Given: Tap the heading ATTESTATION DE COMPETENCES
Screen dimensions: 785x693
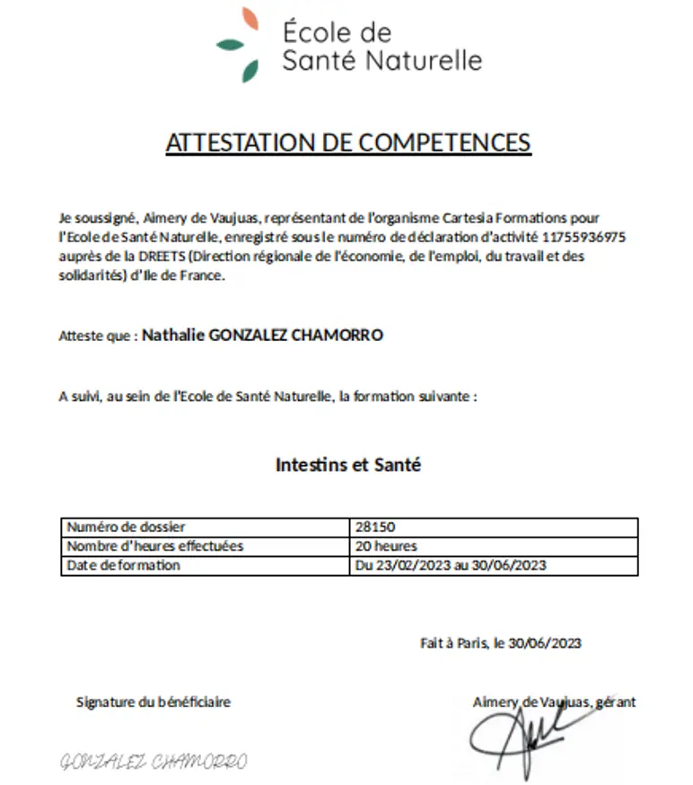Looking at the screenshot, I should [x=348, y=143].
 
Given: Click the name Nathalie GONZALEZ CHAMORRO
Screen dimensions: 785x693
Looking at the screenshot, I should [x=263, y=336].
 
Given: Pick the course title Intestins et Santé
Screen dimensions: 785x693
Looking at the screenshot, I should [x=348, y=466].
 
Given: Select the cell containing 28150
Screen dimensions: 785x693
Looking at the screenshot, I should [x=375, y=528].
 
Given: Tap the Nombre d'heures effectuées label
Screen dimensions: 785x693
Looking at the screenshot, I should [x=155, y=546].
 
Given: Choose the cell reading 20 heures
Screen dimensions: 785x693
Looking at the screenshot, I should [x=386, y=546].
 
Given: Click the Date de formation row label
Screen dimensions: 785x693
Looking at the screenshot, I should [x=124, y=565].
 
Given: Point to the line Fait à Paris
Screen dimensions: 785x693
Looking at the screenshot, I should [x=500, y=643].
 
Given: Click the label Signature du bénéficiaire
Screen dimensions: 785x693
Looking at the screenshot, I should [x=154, y=702].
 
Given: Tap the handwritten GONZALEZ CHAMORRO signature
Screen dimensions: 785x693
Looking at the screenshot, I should [x=153, y=763].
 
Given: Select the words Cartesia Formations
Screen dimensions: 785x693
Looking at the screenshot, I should [x=511, y=218].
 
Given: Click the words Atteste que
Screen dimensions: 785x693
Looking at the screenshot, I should [x=96, y=336].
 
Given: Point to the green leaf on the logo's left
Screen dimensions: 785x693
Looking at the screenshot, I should [x=230, y=43].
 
